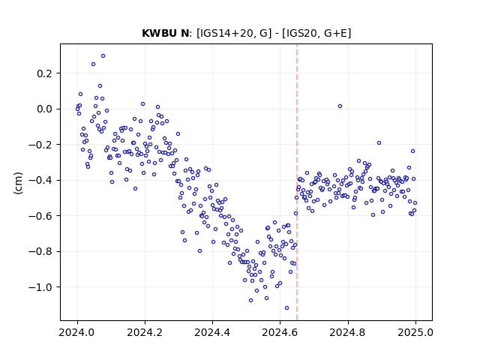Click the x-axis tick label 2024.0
[77, 332]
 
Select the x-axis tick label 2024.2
[145, 332]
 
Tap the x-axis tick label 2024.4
[212, 332]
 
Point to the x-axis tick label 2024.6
[280, 332]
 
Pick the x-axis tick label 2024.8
[348, 332]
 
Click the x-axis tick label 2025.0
[415, 332]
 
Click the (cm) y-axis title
[18, 183]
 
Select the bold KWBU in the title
[156, 33]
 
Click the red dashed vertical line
[297, 182]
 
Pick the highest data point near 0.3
[103, 56]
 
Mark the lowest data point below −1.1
[286, 308]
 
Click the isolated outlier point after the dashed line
[340, 106]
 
